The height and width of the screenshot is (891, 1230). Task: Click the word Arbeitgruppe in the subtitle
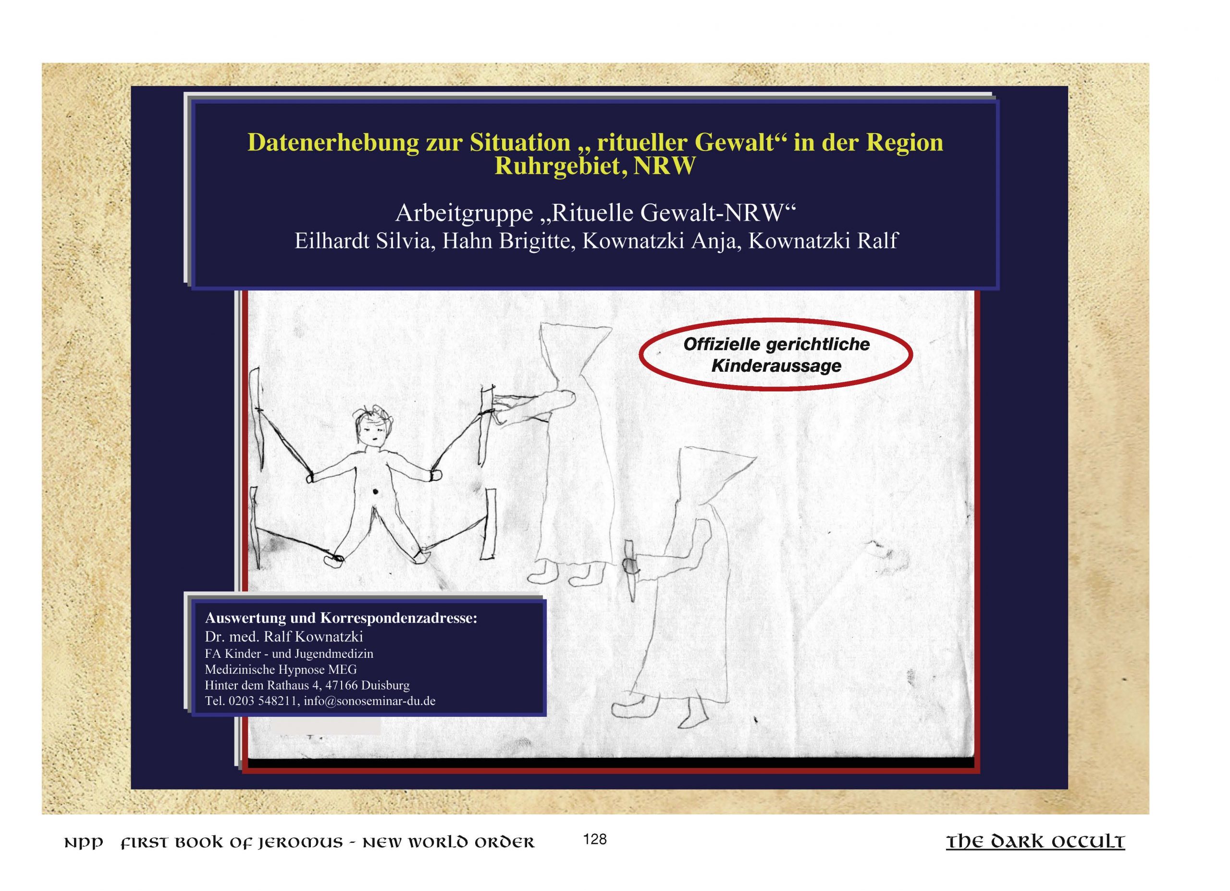coord(464,213)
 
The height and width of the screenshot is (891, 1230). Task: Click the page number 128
coord(595,840)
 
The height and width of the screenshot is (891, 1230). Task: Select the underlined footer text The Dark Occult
coord(1035,841)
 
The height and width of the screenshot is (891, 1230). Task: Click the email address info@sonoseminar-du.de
coord(369,701)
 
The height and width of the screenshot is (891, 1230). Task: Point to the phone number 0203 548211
coord(264,701)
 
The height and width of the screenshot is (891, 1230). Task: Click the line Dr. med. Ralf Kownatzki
coord(283,637)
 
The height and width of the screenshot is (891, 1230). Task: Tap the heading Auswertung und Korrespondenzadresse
coord(341,618)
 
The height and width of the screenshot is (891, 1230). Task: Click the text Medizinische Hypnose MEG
coord(281,669)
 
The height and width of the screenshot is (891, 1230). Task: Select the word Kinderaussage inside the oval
coord(776,366)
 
